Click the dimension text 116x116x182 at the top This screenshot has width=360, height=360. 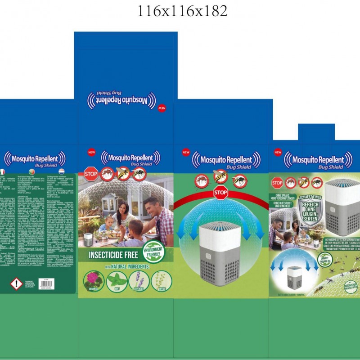click(x=182, y=11)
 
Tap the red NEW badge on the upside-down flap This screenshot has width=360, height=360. click(x=162, y=108)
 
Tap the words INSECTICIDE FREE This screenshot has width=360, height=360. click(x=110, y=253)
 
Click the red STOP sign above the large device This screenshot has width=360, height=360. click(x=220, y=193)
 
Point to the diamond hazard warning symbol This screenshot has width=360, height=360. click(x=17, y=283)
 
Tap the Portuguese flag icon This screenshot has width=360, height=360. click(x=32, y=172)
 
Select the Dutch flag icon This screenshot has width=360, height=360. click(x=61, y=172)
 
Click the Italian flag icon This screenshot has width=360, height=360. click(x=2, y=172)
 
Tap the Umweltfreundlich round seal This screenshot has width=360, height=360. click(x=325, y=261)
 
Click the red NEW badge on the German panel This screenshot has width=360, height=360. click(x=278, y=153)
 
